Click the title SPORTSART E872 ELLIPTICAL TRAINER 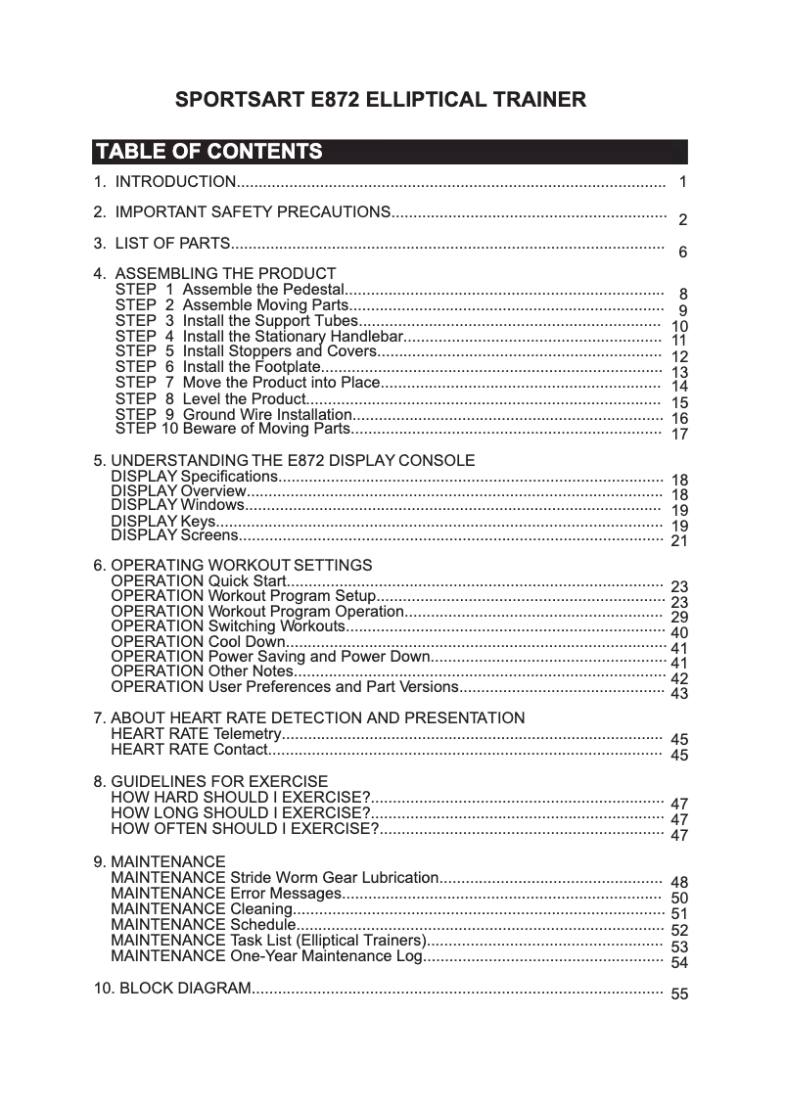tap(381, 101)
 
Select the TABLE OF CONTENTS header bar tap(390, 152)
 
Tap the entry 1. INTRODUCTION tap(163, 182)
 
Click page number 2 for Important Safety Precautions tap(682, 220)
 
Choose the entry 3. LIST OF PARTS tap(162, 243)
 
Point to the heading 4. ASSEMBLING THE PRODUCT tap(214, 274)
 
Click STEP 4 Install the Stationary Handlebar tap(267, 336)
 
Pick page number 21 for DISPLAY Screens tap(679, 541)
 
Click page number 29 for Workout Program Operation tap(679, 618)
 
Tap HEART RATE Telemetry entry tap(196, 734)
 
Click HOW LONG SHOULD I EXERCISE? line tap(240, 812)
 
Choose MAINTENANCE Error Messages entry tap(225, 894)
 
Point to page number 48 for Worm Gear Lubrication tap(679, 883)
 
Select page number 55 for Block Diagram tap(679, 994)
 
